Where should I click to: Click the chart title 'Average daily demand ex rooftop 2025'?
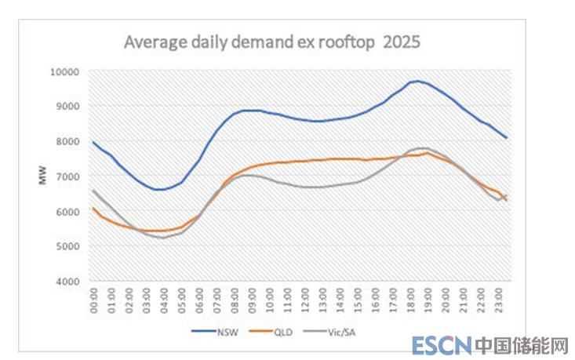point(272,42)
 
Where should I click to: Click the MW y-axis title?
point(43,176)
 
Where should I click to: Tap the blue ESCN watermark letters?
point(442,345)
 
